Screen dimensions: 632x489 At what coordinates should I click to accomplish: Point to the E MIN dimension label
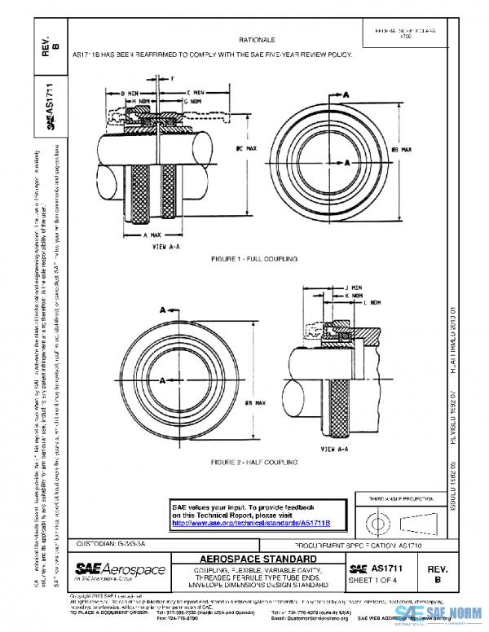pyautogui.click(x=198, y=94)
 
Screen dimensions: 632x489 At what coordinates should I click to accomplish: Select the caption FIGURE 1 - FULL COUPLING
pyautogui.click(x=254, y=258)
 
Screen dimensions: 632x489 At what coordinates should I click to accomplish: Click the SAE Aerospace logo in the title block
pyautogui.click(x=120, y=569)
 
